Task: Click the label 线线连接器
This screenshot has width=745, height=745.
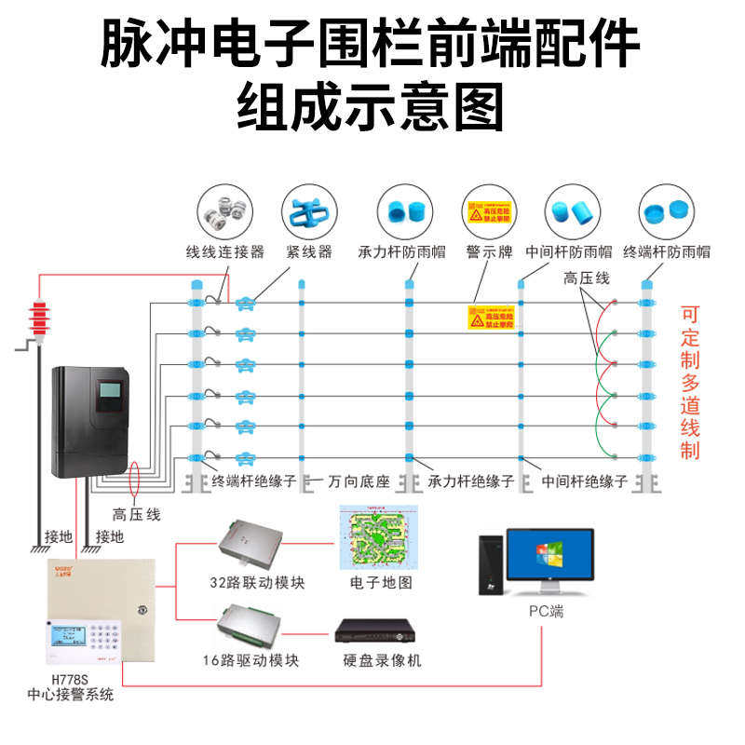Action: pos(224,251)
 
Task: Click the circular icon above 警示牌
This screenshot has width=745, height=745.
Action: pos(490,212)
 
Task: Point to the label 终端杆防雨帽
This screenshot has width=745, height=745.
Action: pos(667,251)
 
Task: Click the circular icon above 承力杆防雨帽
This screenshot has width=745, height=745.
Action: pos(404,212)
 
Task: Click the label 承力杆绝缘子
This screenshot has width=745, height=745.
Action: pos(471,481)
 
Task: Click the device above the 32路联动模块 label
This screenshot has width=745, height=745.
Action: pos(252,544)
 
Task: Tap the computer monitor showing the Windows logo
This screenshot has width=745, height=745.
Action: pos(549,558)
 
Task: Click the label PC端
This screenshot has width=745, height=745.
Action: pos(544,612)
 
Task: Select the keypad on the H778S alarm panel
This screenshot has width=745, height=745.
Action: pos(104,637)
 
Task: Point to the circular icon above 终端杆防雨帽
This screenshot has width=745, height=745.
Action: pos(667,212)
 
